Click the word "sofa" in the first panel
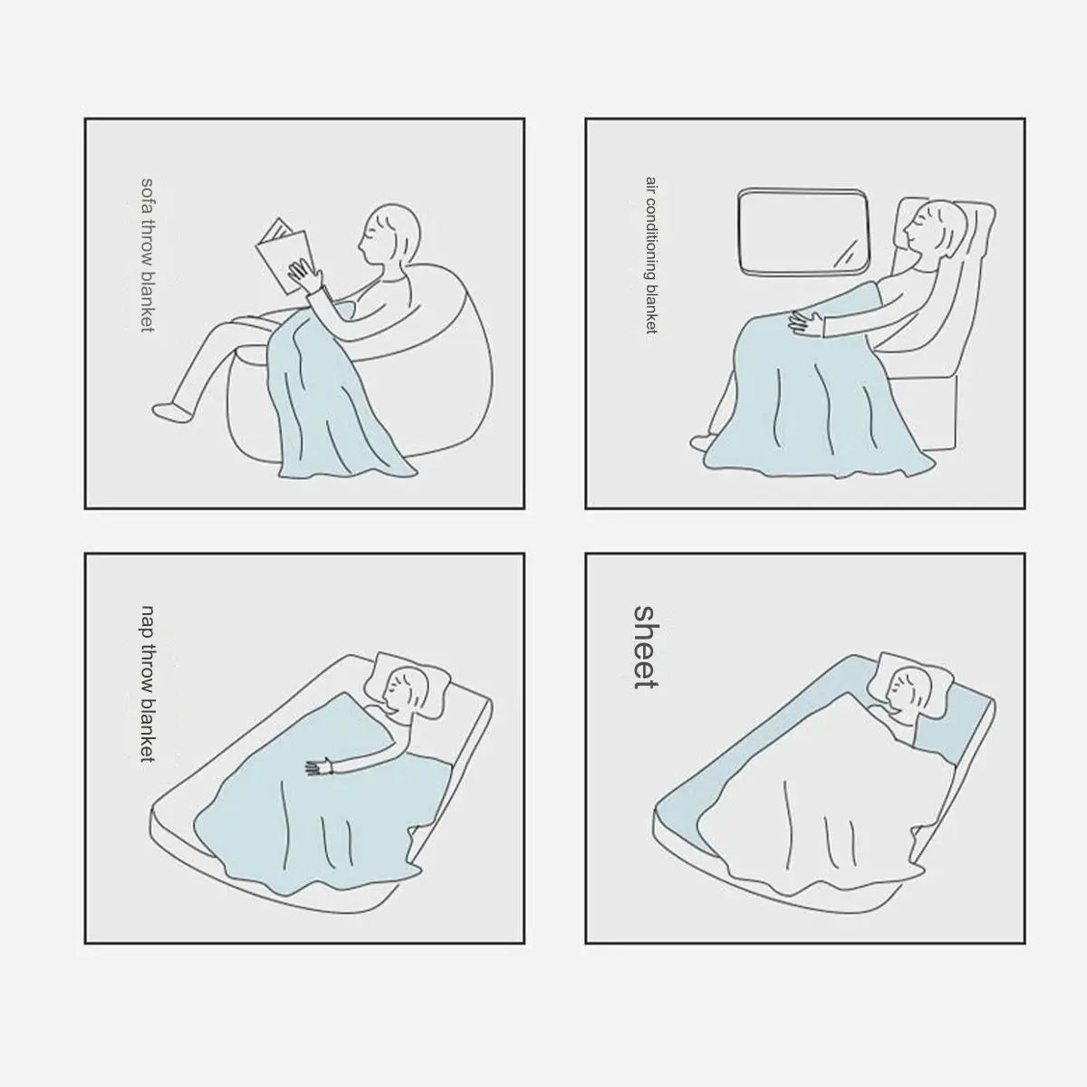pyautogui.click(x=147, y=196)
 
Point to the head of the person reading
pyautogui.click(x=390, y=234)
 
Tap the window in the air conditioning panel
pyautogui.click(x=803, y=233)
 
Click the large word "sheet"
pyautogui.click(x=645, y=647)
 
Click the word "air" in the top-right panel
pyautogui.click(x=651, y=184)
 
